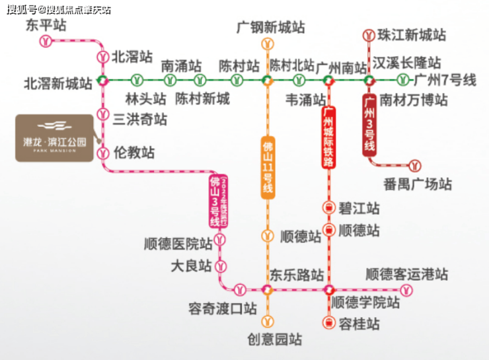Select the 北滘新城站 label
[58, 84]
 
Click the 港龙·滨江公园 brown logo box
[54, 138]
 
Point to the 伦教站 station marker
[102, 153]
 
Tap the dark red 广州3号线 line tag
[371, 124]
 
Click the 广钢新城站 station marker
[268, 44]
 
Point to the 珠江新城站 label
[412, 36]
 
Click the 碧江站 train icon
[328, 208]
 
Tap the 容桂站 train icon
[328, 323]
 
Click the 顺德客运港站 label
[406, 273]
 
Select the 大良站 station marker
[222, 266]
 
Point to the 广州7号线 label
[445, 81]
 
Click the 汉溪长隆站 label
[406, 63]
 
